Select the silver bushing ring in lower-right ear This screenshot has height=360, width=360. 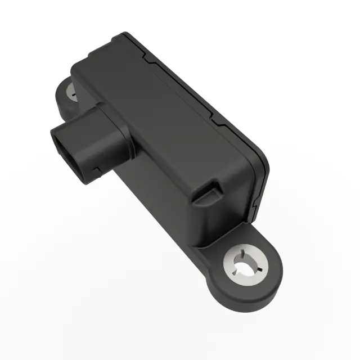(x=236, y=267)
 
